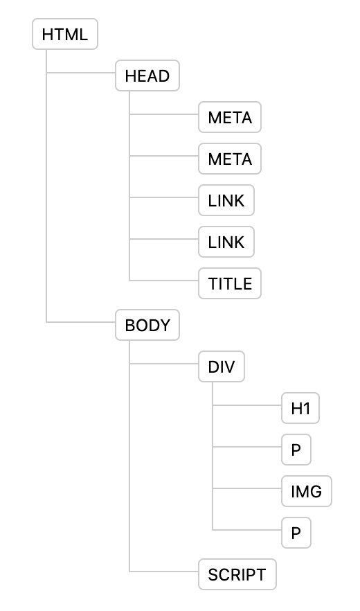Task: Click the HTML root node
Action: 65,35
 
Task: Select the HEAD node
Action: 147,76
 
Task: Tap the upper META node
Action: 230,118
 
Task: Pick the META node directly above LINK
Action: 230,159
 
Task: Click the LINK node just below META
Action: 226,201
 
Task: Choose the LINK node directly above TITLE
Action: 226,242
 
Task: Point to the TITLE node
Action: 230,283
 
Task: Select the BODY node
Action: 147,326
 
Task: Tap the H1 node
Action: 300,409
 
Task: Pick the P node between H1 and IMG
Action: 296,450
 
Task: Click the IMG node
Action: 306,492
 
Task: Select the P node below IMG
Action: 296,533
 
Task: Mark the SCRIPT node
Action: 237,574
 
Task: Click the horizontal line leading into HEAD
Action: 80,72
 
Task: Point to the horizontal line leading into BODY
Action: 80,321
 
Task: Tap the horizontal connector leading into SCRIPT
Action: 163,571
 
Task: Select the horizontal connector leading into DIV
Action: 163,363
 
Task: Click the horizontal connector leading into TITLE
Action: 163,280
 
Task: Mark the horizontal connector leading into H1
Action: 246,405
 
